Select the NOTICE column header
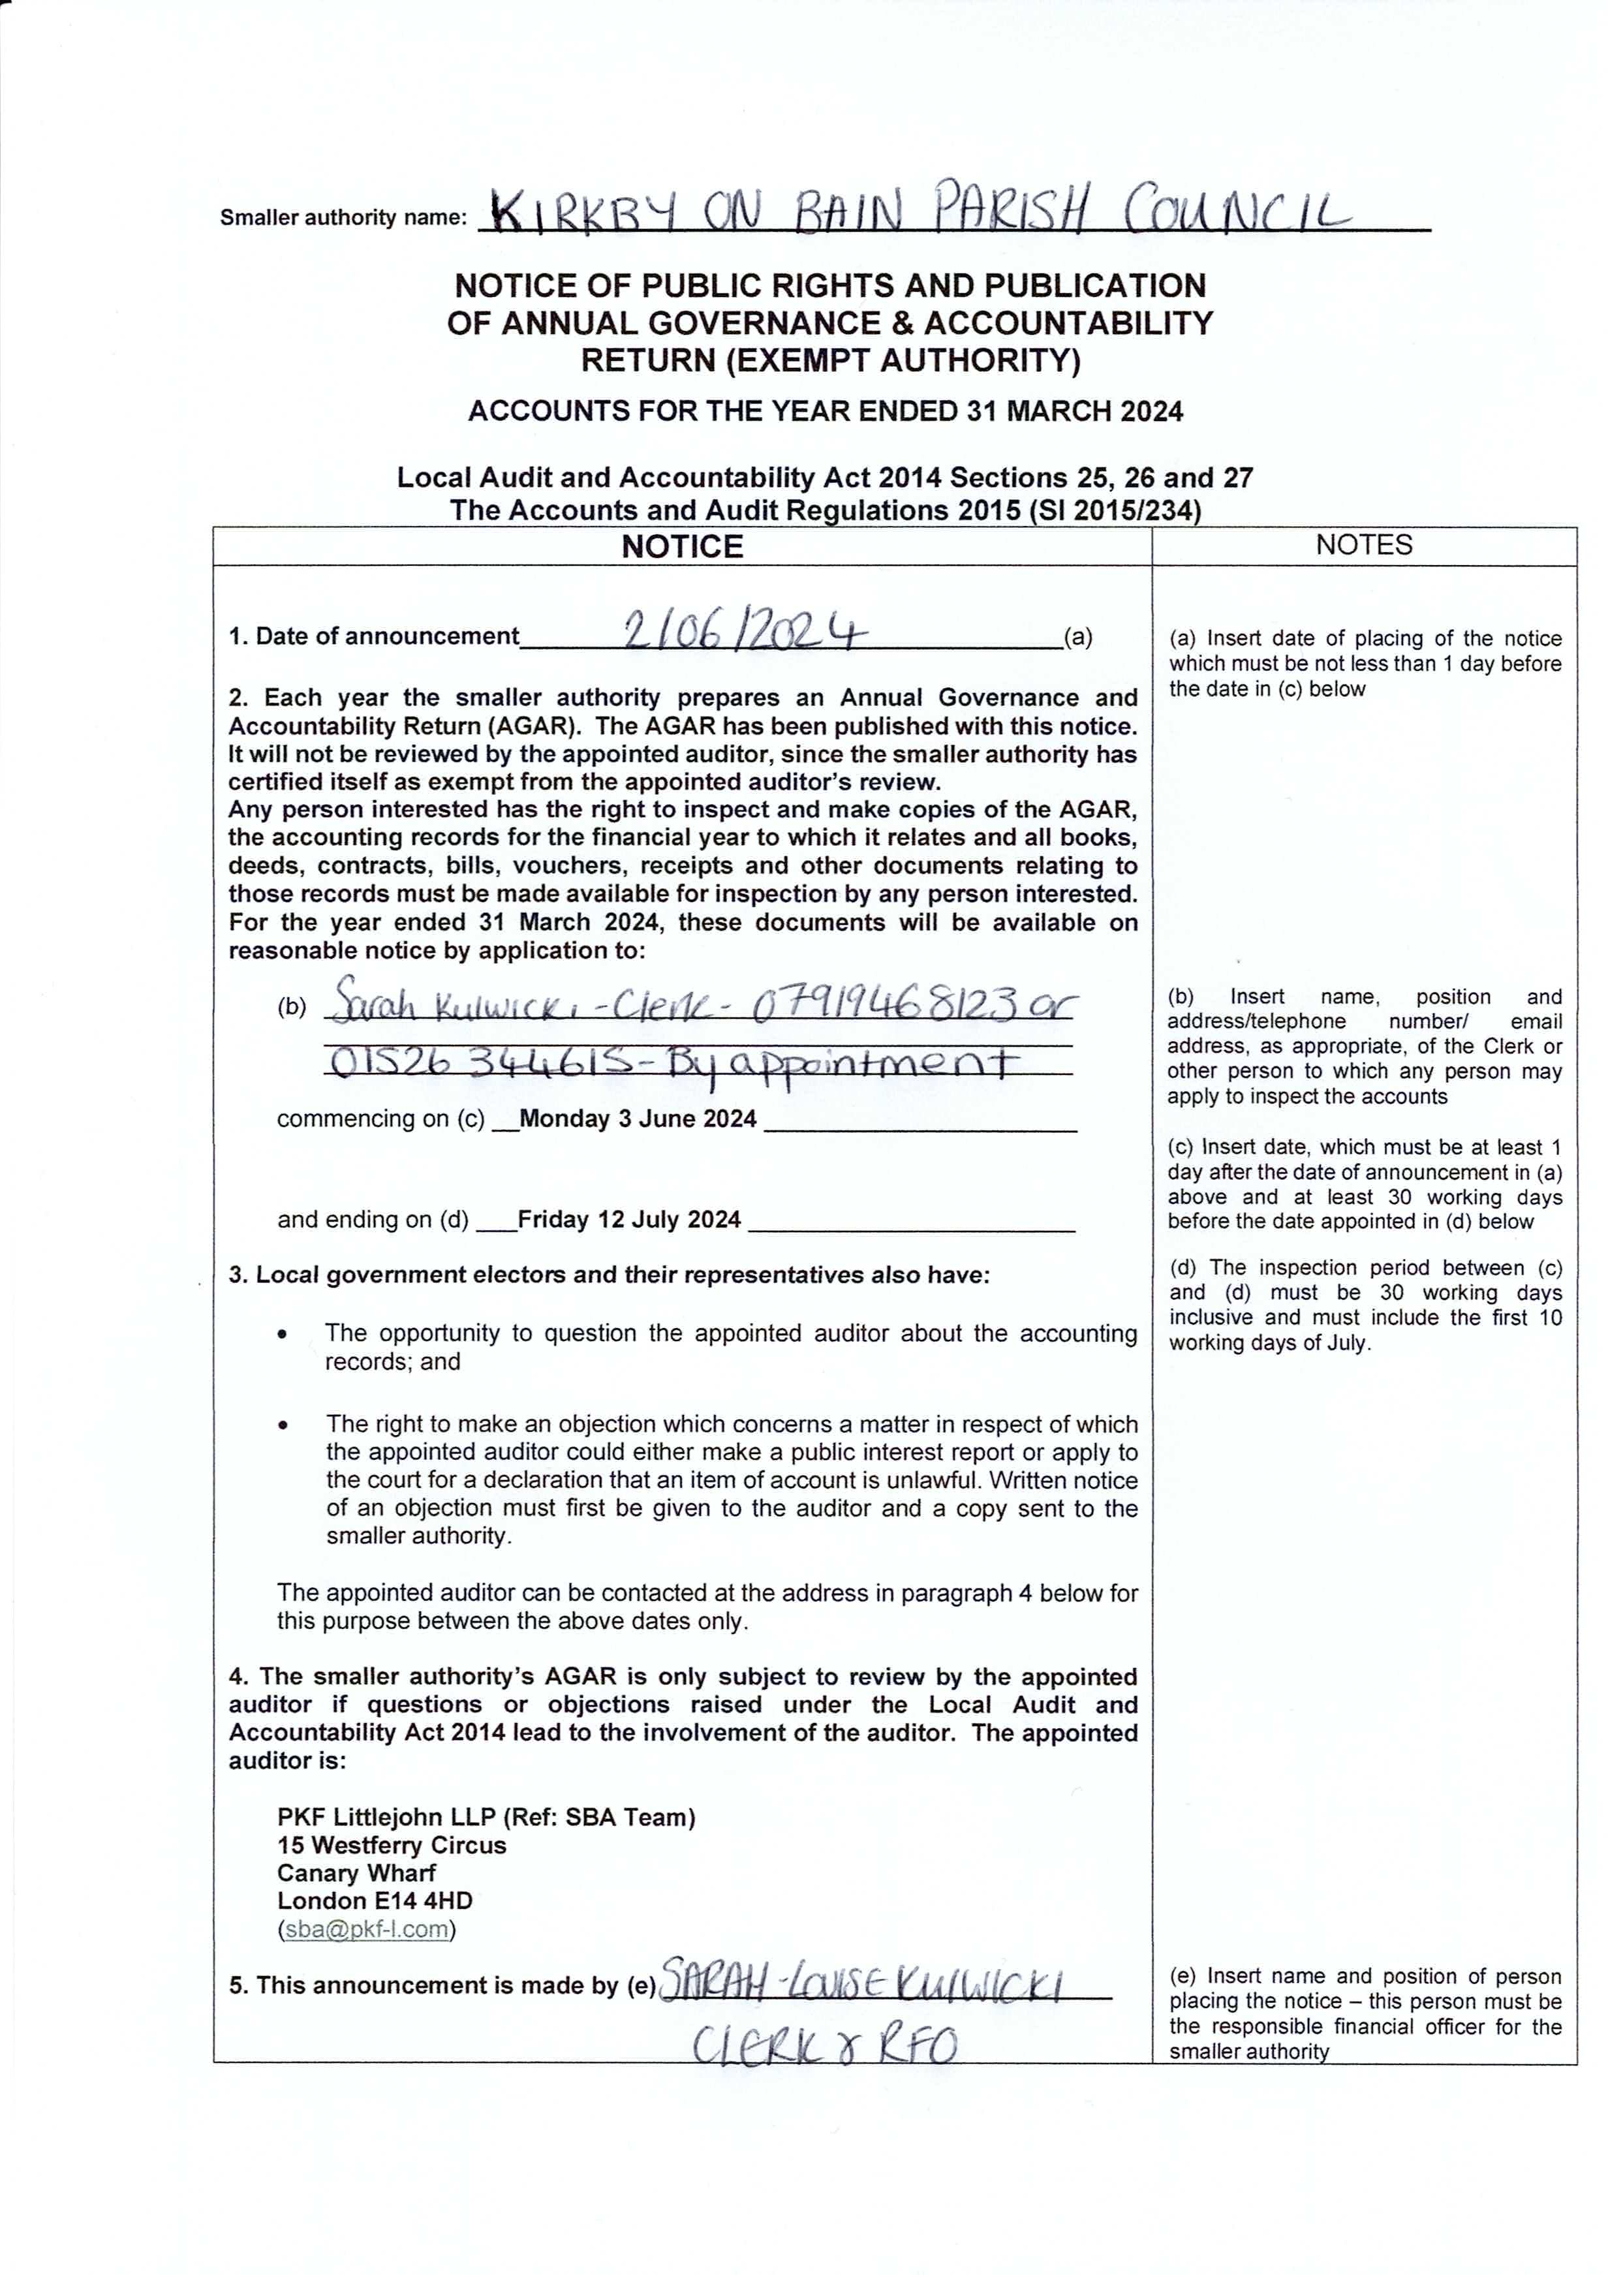coord(682,547)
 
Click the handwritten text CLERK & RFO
coord(824,2043)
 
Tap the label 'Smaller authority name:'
coord(343,218)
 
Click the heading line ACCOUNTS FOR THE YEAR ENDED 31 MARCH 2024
coord(826,411)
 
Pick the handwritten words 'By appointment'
coord(842,1065)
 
